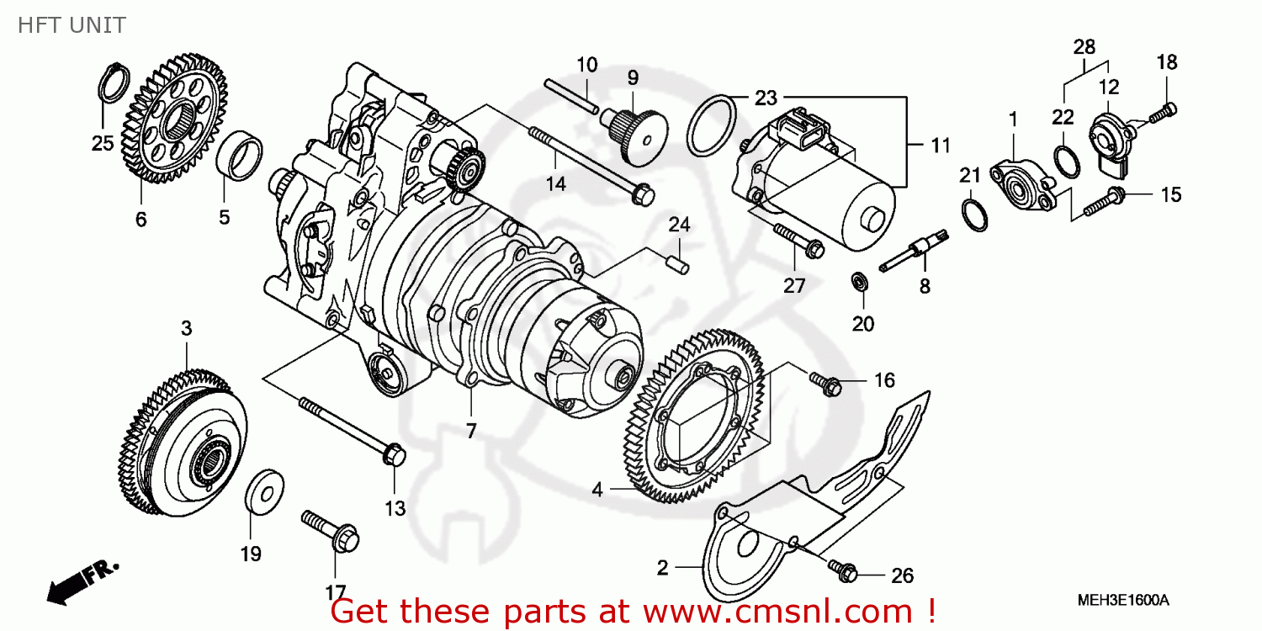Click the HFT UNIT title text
[x=72, y=25]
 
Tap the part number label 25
[x=103, y=143]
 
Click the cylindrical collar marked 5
[x=240, y=156]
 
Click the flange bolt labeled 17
[x=331, y=531]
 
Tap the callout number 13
[x=395, y=509]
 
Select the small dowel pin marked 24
[x=678, y=265]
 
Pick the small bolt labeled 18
[x=1163, y=114]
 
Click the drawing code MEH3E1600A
[x=1123, y=601]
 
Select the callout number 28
[x=1084, y=47]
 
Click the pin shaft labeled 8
[x=914, y=250]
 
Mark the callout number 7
[x=471, y=431]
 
